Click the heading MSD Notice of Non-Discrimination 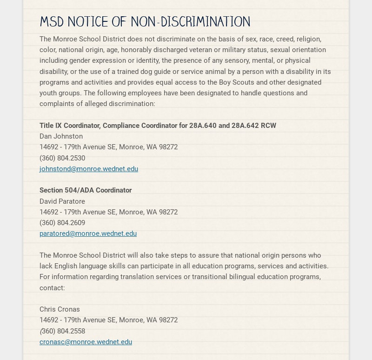tap(145, 22)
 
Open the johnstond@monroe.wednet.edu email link tap(89, 169)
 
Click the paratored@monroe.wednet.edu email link tap(88, 233)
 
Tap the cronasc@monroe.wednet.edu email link tap(86, 342)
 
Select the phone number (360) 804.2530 tap(62, 158)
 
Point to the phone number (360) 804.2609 tap(62, 223)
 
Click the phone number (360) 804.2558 tap(62, 331)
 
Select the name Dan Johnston tap(61, 136)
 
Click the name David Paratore tap(62, 201)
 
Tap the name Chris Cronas tap(60, 309)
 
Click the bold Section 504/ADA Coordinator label tap(86, 190)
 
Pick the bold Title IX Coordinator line tap(158, 126)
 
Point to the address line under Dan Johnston tap(108, 147)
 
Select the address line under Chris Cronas tap(108, 320)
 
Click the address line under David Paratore tap(108, 212)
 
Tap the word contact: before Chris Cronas tap(52, 288)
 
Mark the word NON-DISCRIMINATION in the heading tap(190, 22)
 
